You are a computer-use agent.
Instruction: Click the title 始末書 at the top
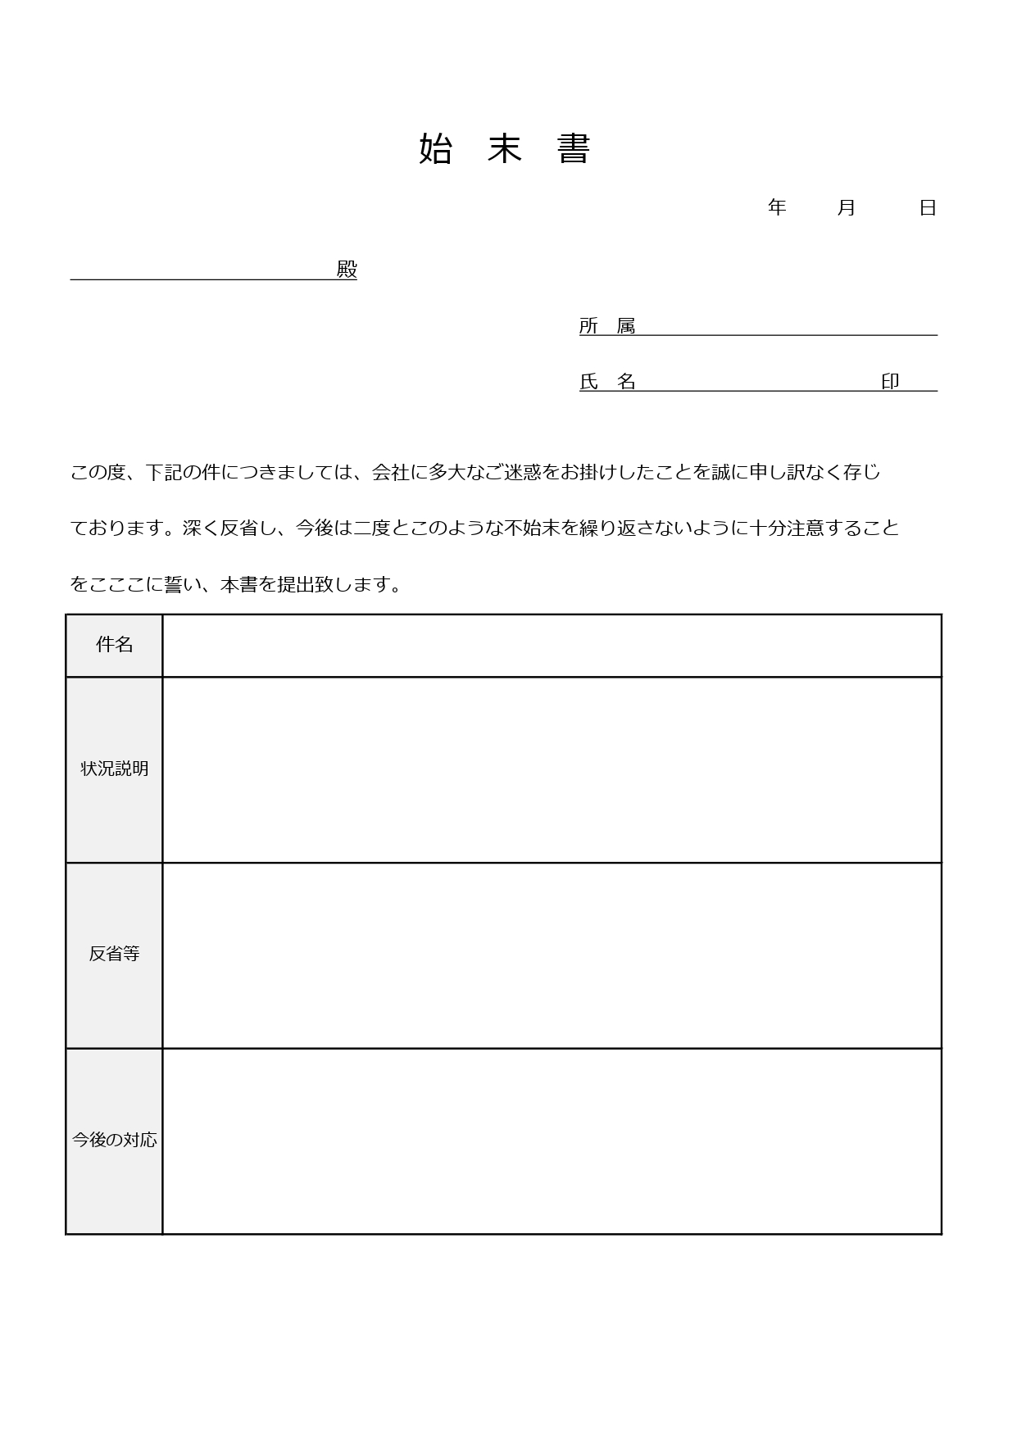[x=504, y=149]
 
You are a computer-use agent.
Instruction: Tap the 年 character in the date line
[x=777, y=208]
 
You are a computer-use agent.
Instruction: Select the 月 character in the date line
[x=847, y=208]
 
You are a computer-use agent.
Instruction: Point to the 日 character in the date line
[x=928, y=208]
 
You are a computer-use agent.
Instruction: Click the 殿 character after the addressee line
[x=347, y=270]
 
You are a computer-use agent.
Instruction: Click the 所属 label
[x=607, y=326]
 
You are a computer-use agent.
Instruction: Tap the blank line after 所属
[x=787, y=328]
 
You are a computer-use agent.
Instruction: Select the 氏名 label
[x=607, y=382]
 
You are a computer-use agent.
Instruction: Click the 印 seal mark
[x=890, y=382]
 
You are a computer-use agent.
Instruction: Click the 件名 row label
[x=114, y=645]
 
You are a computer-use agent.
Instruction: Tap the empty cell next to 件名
[x=551, y=646]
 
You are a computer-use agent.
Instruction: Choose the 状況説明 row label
[x=114, y=769]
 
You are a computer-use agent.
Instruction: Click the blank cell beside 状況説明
[x=551, y=769]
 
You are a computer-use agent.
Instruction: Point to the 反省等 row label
[x=114, y=954]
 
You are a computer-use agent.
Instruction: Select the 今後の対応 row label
[x=114, y=1140]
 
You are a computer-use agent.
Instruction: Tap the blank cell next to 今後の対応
[x=551, y=1141]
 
